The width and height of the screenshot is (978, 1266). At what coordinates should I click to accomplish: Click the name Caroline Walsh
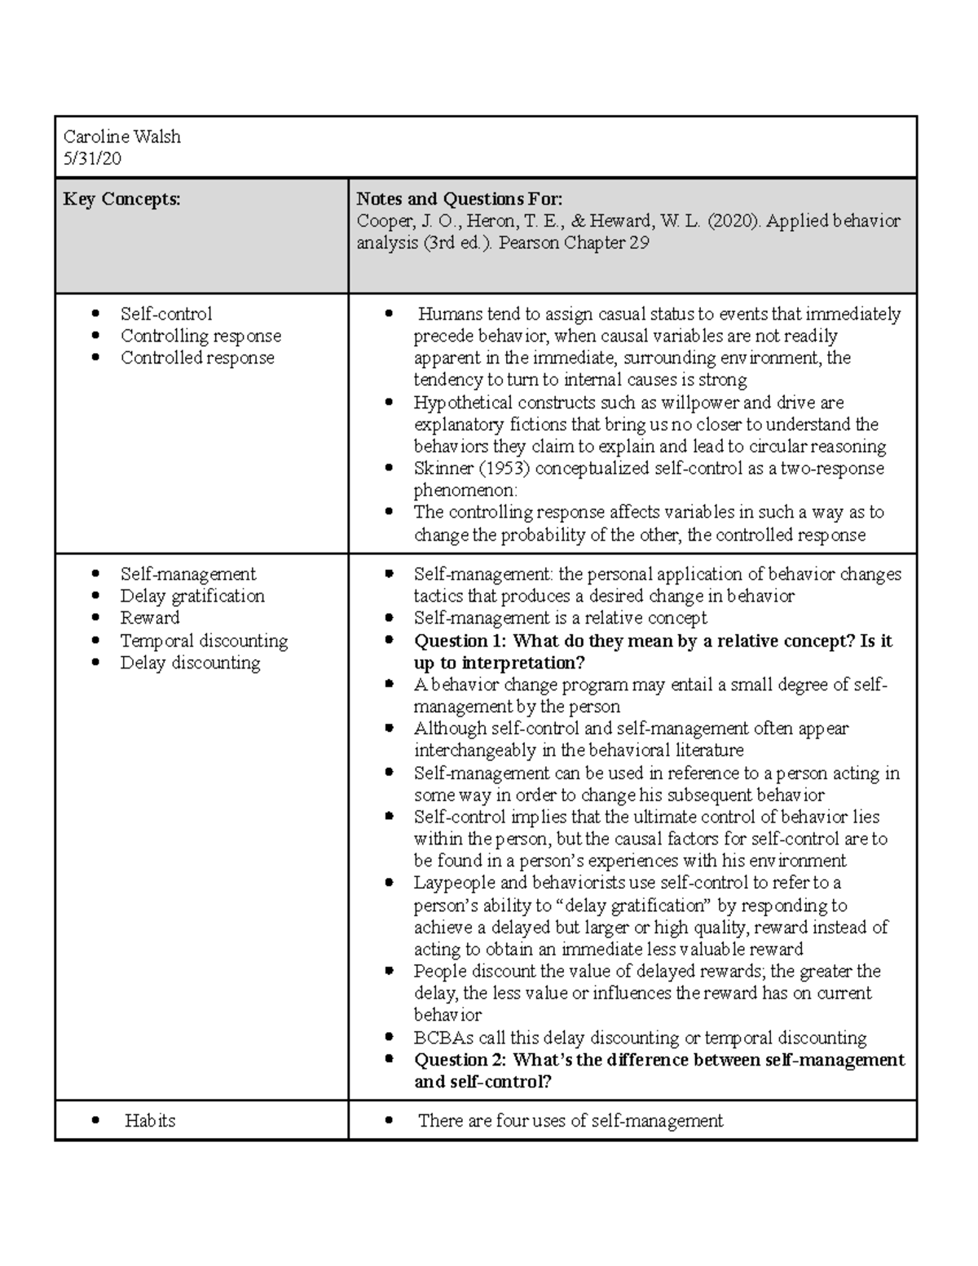point(121,137)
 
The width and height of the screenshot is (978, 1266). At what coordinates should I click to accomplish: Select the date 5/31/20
point(92,159)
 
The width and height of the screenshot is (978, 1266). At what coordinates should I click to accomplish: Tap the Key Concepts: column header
point(121,199)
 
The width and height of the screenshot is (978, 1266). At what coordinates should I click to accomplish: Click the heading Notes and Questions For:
point(459,199)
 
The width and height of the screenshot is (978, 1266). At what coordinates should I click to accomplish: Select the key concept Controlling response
point(200,336)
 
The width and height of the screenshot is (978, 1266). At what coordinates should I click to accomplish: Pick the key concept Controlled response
point(197,358)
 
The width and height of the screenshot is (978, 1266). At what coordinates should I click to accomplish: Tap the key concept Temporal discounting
point(204,641)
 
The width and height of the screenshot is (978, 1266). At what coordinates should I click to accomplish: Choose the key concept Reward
point(150,618)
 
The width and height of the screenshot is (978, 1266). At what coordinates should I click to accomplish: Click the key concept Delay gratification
point(192,596)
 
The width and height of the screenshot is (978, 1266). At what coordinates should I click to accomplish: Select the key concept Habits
point(150,1121)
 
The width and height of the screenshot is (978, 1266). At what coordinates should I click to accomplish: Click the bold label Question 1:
point(460,641)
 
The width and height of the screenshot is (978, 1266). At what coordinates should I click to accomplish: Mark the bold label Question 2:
point(460,1060)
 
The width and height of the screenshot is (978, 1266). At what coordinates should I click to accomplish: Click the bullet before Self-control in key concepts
point(96,314)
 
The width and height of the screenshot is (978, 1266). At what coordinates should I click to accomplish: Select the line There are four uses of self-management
point(570,1121)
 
